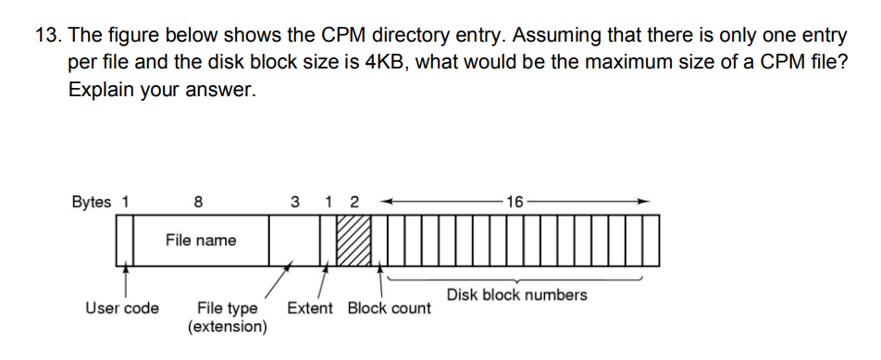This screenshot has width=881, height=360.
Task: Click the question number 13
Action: coord(47,36)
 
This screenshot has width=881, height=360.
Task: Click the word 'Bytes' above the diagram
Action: coord(91,200)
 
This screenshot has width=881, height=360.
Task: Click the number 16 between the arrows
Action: coord(515,200)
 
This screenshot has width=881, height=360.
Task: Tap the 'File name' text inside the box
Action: coord(201,240)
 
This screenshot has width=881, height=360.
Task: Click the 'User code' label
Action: coord(121,307)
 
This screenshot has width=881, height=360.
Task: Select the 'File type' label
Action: coord(228,307)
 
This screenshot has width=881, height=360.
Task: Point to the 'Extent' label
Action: coord(310,307)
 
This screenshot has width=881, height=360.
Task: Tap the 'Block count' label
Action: coord(389,307)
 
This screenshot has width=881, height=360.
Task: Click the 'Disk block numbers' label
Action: coord(516,294)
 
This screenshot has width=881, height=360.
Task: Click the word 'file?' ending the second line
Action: coord(826,65)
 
